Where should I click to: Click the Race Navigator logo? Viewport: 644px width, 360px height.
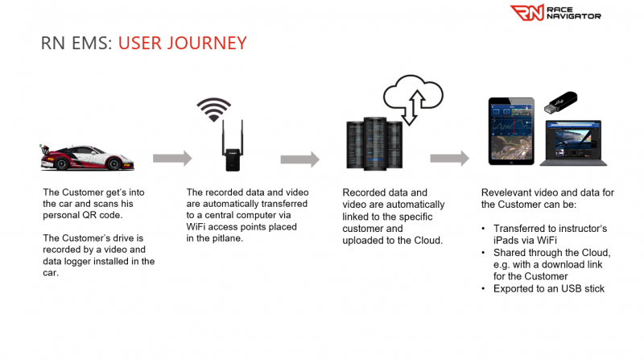[555, 13]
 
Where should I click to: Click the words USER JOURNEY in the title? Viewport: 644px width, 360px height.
[183, 43]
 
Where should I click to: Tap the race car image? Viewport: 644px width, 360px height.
[87, 157]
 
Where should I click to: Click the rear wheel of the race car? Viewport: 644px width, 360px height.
[61, 163]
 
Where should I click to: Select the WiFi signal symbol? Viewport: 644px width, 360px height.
[213, 110]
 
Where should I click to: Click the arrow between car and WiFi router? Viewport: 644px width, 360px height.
[172, 158]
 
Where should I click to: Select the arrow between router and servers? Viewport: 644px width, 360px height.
[299, 159]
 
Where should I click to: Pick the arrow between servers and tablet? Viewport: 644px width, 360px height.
[450, 158]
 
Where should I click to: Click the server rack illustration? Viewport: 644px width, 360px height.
[374, 144]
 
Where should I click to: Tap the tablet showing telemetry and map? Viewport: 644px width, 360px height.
[511, 131]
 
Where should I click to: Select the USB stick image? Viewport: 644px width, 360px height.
[560, 102]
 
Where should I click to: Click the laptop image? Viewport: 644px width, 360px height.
[573, 143]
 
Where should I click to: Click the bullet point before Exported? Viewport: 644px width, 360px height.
[484, 289]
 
